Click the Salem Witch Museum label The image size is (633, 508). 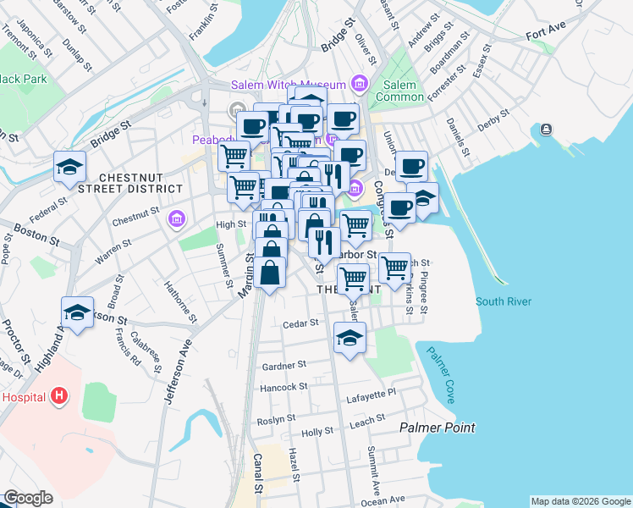click(289, 85)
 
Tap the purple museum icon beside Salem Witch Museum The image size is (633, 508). click(360, 84)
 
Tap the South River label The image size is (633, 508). click(502, 301)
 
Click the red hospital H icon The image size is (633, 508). click(58, 395)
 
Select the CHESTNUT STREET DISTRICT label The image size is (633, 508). click(140, 182)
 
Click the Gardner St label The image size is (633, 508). click(284, 366)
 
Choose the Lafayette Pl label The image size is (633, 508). click(368, 393)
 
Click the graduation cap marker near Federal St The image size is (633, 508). click(69, 167)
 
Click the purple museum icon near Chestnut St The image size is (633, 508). click(175, 220)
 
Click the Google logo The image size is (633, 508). click(28, 499)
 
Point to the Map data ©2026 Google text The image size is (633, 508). click(581, 501)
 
